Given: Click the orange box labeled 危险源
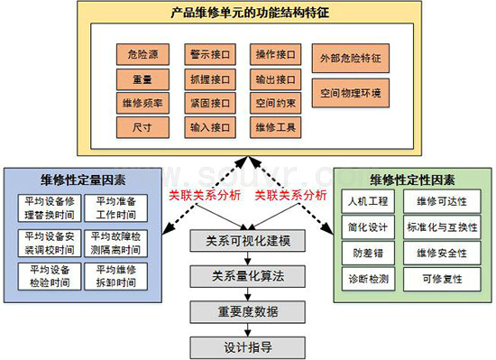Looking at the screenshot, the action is click(x=142, y=54).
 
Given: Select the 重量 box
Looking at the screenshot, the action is click(x=142, y=79).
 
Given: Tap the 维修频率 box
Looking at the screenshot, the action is click(x=142, y=103).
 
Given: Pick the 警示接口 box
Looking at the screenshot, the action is click(x=210, y=54).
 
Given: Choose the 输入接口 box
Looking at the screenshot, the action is click(x=210, y=127).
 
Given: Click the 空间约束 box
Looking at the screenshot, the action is click(x=276, y=103).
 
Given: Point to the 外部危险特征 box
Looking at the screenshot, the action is click(x=351, y=59).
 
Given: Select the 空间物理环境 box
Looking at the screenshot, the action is click(x=351, y=93).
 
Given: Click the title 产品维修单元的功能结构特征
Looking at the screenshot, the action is click(x=250, y=13).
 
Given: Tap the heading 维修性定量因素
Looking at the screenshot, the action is click(x=83, y=180).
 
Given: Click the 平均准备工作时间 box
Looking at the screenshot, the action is click(x=115, y=208).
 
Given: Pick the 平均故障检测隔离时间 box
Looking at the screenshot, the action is click(x=115, y=243).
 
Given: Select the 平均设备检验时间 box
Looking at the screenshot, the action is click(x=50, y=276).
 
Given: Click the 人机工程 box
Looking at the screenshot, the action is click(x=368, y=201).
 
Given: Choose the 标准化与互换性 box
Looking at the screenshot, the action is click(x=442, y=227).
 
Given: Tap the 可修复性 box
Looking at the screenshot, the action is click(x=442, y=279).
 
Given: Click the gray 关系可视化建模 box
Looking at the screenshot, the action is click(x=248, y=241).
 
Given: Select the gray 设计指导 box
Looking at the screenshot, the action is click(x=248, y=347).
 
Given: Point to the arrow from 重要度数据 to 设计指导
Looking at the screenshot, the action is click(x=248, y=330).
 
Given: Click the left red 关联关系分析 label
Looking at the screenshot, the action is click(x=205, y=195).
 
